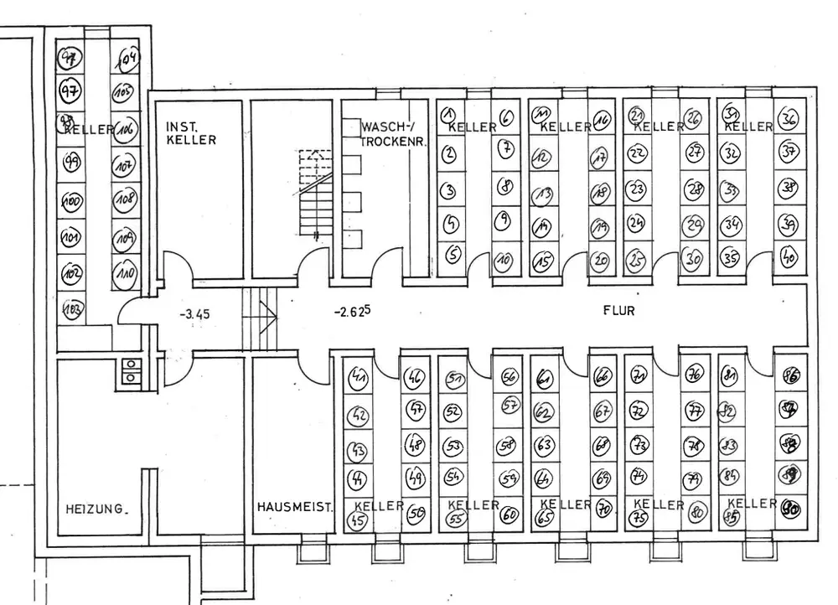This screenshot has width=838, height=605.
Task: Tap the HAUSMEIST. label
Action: point(295,507)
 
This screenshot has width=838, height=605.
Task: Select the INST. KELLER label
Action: point(190,133)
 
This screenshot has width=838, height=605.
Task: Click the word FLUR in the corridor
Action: point(619,310)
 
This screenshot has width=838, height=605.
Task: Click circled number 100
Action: point(72,201)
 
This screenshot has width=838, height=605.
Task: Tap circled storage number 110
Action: point(125,274)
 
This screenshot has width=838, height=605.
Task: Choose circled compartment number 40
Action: point(788,257)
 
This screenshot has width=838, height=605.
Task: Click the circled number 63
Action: point(544,444)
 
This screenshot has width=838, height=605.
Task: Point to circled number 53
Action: point(453,446)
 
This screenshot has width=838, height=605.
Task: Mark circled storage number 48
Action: point(415,442)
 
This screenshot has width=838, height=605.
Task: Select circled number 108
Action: point(126,200)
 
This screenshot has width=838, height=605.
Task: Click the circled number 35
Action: point(730,256)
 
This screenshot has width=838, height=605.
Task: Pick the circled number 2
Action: point(449,153)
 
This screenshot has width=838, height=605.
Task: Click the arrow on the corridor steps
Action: point(267,318)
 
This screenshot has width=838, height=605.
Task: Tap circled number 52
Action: point(453,411)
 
